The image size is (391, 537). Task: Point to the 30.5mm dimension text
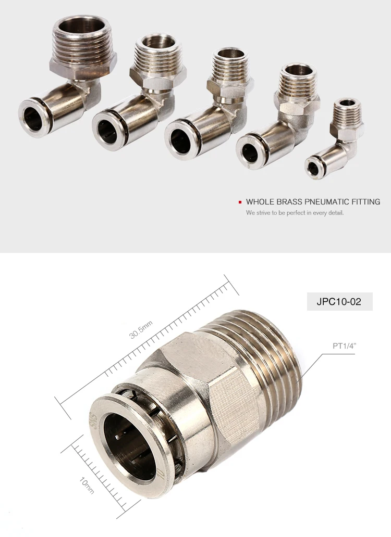coord(141,329)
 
